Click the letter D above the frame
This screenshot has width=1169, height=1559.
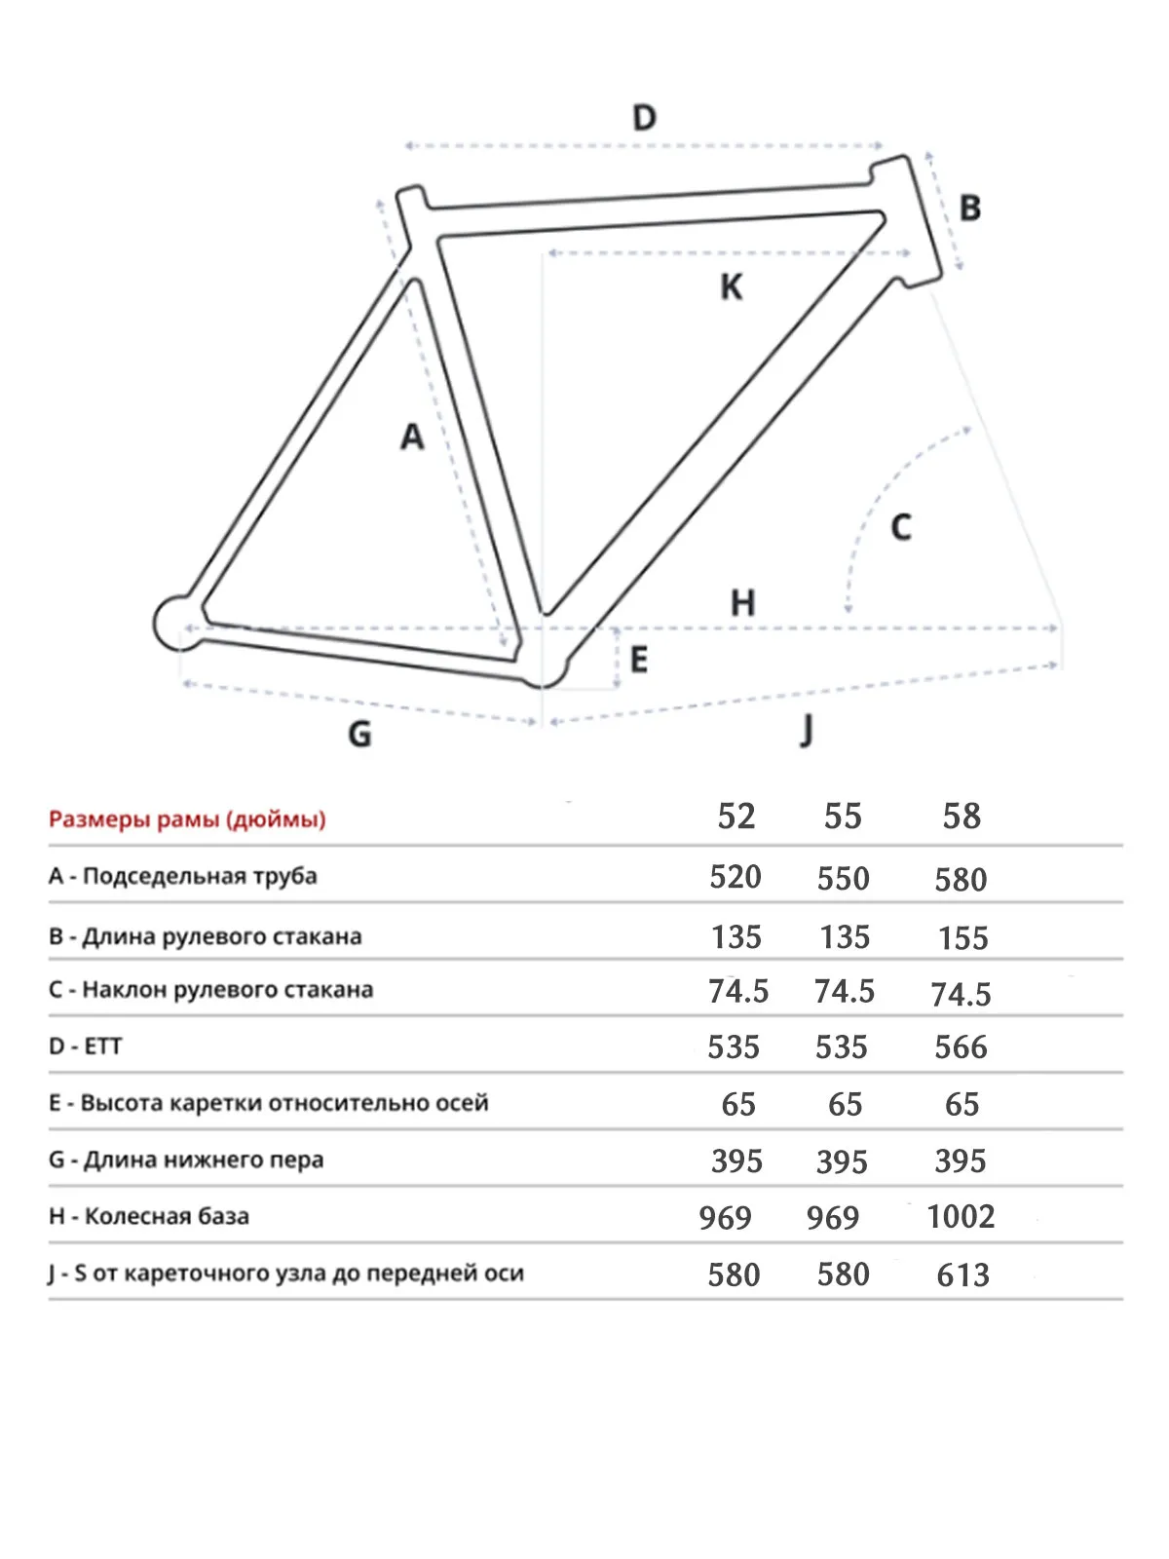644,118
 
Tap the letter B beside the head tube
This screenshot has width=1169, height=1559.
969,208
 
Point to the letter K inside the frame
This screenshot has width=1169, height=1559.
731,287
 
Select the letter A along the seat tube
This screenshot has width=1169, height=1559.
412,437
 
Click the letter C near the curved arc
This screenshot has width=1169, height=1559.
901,527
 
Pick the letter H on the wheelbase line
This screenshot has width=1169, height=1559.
742,603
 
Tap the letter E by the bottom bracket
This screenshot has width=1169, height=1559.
639,660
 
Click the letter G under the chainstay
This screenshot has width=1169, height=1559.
359,733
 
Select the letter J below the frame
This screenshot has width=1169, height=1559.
807,729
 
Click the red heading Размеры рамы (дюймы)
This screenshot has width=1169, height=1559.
187,818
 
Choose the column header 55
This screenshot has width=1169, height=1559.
843,816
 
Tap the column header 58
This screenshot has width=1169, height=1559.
962,816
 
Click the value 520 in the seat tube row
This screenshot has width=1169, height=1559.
735,877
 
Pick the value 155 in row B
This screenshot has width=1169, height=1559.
962,937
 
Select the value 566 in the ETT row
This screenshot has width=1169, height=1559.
961,1047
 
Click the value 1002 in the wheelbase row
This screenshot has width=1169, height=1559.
961,1217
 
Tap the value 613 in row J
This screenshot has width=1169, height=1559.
962,1274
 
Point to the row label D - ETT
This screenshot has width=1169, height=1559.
86,1046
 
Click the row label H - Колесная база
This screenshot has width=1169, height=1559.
149,1216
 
